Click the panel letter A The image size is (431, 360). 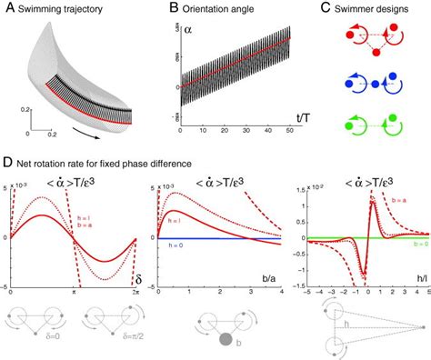(8, 7)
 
